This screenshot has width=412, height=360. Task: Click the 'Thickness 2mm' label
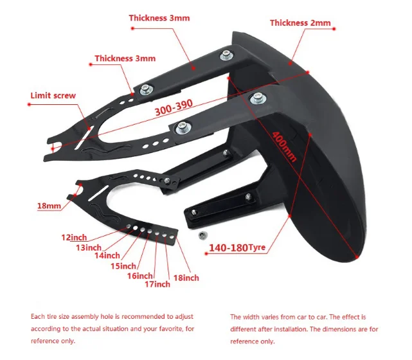tap(300, 23)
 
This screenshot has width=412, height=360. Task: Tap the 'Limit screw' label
tap(53, 96)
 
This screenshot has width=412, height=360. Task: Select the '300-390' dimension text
tap(174, 110)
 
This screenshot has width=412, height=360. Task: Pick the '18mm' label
tap(49, 206)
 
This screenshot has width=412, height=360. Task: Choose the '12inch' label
tap(73, 237)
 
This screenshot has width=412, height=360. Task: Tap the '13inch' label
tap(89, 247)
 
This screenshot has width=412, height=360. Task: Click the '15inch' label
tap(123, 266)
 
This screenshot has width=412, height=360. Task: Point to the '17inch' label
tap(157, 283)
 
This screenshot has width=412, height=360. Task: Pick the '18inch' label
tap(186, 278)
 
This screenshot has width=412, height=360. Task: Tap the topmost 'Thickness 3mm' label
tap(159, 18)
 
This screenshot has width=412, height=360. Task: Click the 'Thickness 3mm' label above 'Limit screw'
tap(125, 59)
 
